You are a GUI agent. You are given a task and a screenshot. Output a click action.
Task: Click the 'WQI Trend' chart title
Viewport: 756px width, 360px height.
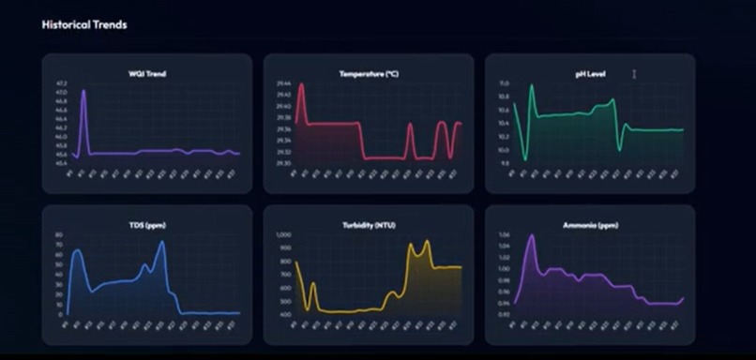147,73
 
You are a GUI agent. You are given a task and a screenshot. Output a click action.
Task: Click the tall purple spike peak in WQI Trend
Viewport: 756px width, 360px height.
83,91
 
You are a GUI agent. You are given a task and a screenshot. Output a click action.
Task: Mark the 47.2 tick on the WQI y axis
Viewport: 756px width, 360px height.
61,83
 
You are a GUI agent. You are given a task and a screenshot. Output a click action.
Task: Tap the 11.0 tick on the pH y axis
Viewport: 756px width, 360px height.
504,83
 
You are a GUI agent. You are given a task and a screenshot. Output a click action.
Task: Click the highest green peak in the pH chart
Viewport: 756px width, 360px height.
532,86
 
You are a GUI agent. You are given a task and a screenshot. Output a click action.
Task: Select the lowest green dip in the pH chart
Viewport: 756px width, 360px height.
524,159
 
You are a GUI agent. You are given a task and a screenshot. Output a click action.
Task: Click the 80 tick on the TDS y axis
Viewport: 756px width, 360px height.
59,235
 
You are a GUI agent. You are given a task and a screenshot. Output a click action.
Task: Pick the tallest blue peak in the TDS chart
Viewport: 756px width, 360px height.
162,242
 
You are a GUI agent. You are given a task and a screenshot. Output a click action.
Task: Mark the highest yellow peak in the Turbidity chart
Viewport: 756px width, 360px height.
428,242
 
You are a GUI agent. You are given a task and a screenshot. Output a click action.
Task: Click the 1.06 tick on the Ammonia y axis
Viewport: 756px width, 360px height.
504,235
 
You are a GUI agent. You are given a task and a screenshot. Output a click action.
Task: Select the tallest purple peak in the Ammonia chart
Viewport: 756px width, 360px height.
532,235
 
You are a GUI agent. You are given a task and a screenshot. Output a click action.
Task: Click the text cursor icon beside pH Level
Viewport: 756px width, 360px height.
634,73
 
